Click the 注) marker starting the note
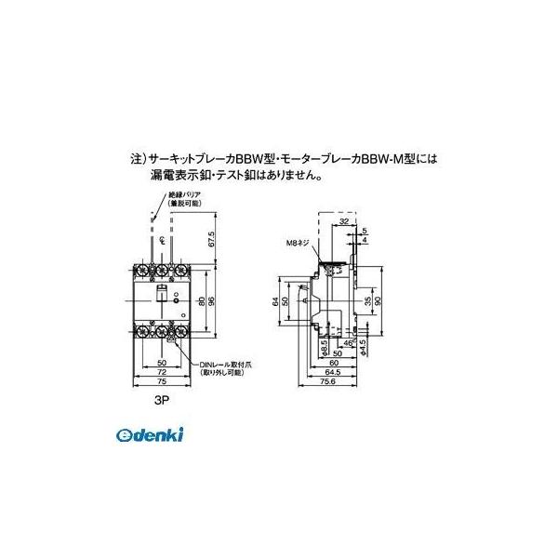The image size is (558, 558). [136, 159]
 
